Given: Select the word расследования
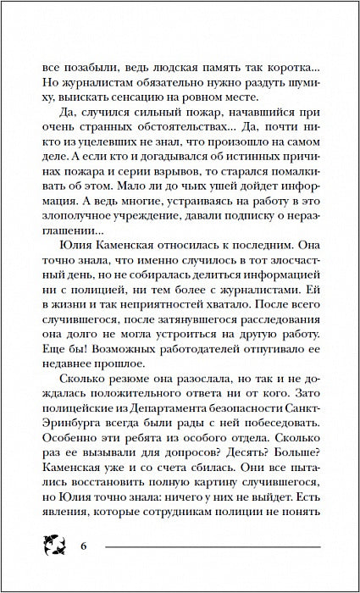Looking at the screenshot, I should click(263, 335).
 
